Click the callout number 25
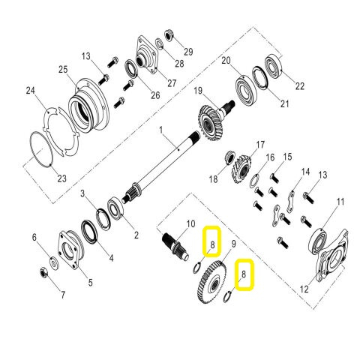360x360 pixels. [62, 70]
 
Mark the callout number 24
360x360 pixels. [30, 91]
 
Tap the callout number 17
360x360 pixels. [261, 144]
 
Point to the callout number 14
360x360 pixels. [305, 172]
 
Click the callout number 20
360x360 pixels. [227, 60]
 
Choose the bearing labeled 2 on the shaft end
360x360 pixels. [118, 208]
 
